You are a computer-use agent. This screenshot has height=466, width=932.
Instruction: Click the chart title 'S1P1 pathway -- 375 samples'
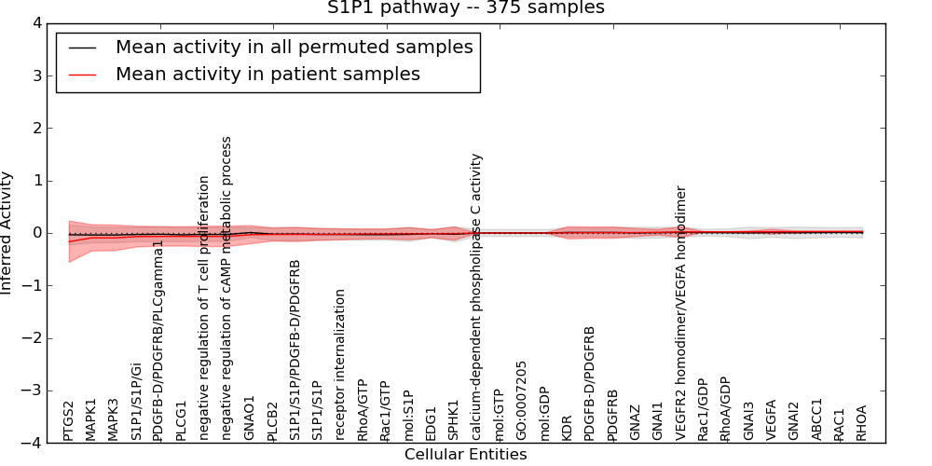click(465, 8)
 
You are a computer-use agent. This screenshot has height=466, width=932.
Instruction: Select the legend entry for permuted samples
click(294, 47)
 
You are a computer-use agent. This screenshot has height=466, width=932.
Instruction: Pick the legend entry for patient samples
click(267, 74)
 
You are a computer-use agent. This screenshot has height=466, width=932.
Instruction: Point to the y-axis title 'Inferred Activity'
click(7, 233)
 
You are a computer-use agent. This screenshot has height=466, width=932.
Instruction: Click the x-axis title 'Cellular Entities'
click(465, 455)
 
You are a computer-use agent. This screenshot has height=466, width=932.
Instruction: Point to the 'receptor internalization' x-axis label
click(341, 364)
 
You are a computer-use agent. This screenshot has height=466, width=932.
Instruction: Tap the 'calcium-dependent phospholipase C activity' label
click(476, 297)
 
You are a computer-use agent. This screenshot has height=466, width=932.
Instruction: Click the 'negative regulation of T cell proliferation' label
click(205, 308)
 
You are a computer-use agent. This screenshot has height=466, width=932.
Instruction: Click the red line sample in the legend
click(81, 74)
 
